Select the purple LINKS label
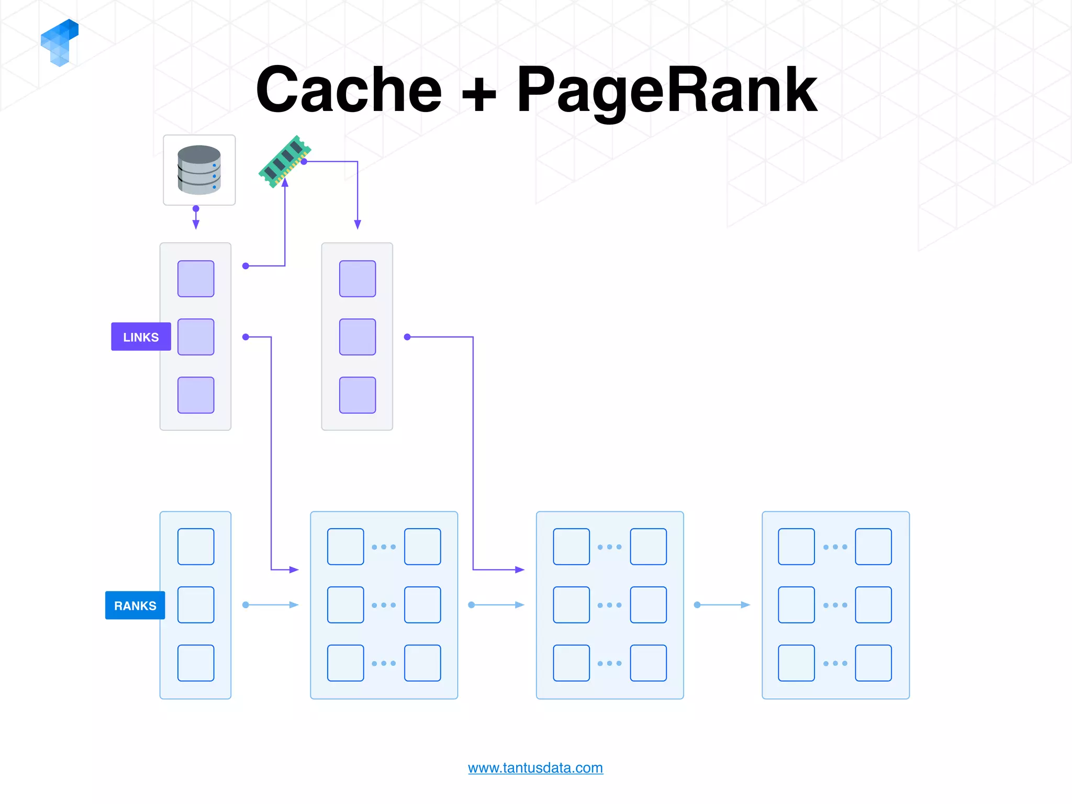(x=141, y=337)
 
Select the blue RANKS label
(x=135, y=605)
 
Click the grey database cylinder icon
(x=199, y=170)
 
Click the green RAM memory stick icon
(x=285, y=161)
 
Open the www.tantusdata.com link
(x=535, y=767)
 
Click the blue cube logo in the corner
(x=60, y=42)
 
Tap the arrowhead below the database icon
(x=196, y=225)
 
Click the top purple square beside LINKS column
(x=196, y=278)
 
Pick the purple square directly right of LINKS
(x=196, y=337)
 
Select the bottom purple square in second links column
(x=358, y=395)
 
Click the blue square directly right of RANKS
(x=196, y=605)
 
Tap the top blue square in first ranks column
(x=196, y=546)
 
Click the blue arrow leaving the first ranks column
(x=271, y=605)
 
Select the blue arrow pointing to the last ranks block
(x=723, y=605)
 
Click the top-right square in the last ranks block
(x=873, y=546)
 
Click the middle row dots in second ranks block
(x=384, y=605)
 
